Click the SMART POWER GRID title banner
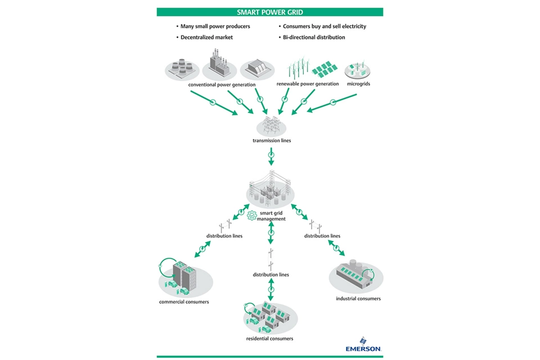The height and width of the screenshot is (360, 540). click(x=270, y=12)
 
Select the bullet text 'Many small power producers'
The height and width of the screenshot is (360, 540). click(x=215, y=26)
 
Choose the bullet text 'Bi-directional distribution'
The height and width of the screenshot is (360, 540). click(x=314, y=38)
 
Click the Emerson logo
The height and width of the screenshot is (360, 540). click(x=363, y=345)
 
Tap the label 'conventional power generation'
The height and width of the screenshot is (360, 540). click(x=222, y=85)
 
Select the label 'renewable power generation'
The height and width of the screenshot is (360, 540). click(x=308, y=84)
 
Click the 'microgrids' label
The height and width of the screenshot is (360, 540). click(x=358, y=84)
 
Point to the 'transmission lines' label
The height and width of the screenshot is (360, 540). click(x=272, y=141)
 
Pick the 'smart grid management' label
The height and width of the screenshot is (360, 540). click(x=271, y=216)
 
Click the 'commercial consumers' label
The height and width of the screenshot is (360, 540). click(x=184, y=302)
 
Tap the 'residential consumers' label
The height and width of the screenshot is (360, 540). click(x=269, y=339)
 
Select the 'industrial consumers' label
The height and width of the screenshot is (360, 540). click(x=358, y=299)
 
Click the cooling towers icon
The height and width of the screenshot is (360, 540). click(x=182, y=67)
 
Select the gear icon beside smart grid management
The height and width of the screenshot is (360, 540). click(x=252, y=215)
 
